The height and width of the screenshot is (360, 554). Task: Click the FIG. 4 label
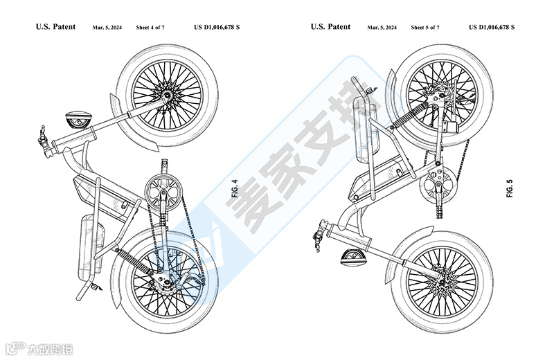[x=234, y=189]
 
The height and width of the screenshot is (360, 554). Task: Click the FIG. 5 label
[x=510, y=189]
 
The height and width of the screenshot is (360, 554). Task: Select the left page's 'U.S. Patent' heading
[x=56, y=27]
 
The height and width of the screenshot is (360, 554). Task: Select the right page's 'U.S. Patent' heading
[x=330, y=27]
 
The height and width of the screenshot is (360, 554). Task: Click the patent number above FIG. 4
[x=217, y=28]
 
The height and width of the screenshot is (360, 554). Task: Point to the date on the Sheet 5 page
[x=382, y=28]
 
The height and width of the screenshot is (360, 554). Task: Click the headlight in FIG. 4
[x=76, y=120]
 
